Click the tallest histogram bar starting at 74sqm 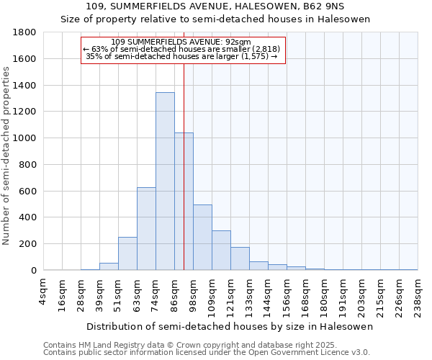[x=165, y=181]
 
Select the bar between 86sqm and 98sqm [x=184, y=202]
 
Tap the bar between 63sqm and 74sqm [x=146, y=229]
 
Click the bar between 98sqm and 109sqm [x=202, y=238]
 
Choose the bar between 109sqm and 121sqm [x=221, y=251]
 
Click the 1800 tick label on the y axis [x=25, y=32]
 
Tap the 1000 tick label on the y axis [x=25, y=138]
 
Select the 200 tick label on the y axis [x=29, y=244]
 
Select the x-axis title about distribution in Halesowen [x=230, y=326]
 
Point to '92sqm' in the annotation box [x=238, y=42]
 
